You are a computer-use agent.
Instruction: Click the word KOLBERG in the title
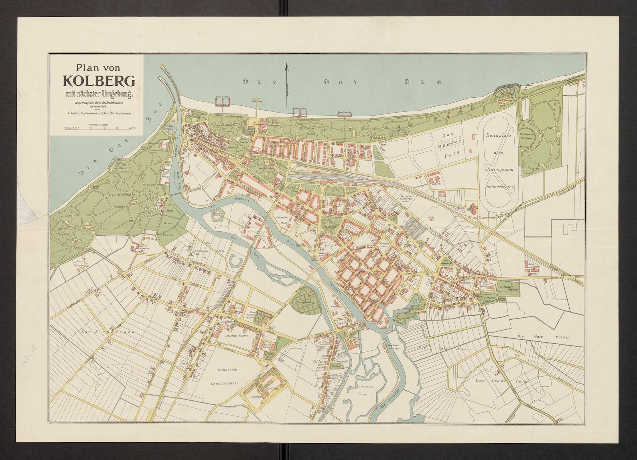(99, 81)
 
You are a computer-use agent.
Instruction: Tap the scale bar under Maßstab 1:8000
(99, 129)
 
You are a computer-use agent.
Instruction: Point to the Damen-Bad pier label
(221, 97)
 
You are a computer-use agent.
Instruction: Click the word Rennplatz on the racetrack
(497, 135)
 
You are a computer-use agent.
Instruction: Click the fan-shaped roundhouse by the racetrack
(474, 208)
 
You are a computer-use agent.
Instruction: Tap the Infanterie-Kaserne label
(237, 335)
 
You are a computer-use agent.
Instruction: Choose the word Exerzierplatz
(225, 383)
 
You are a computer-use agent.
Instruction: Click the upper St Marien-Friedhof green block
(507, 287)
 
